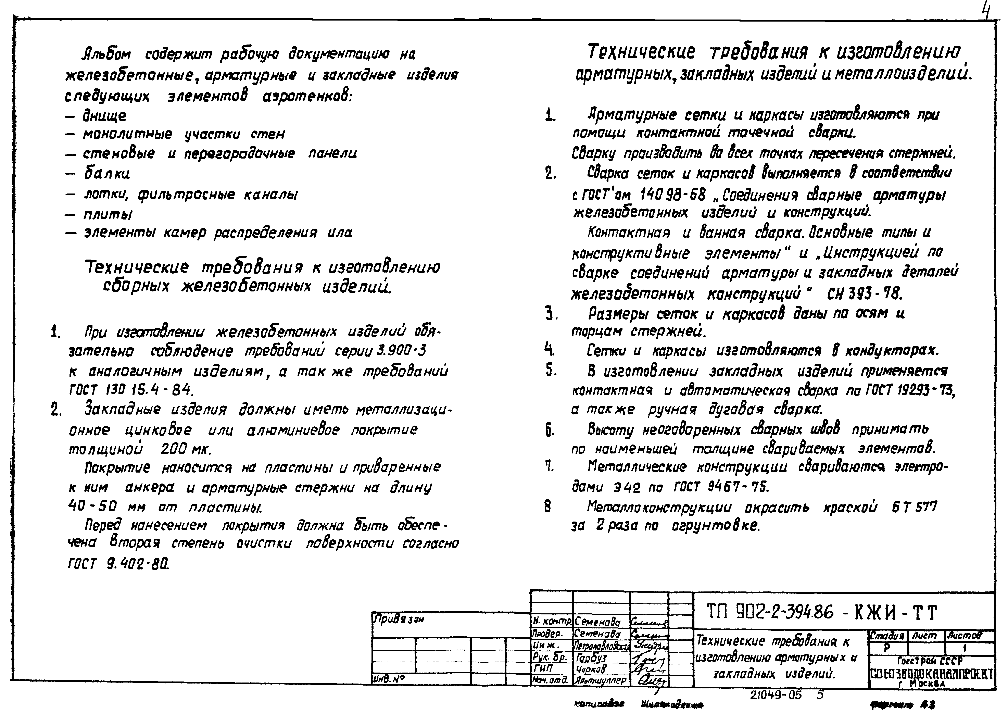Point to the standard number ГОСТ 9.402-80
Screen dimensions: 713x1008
point(118,564)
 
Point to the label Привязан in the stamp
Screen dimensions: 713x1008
point(399,620)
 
